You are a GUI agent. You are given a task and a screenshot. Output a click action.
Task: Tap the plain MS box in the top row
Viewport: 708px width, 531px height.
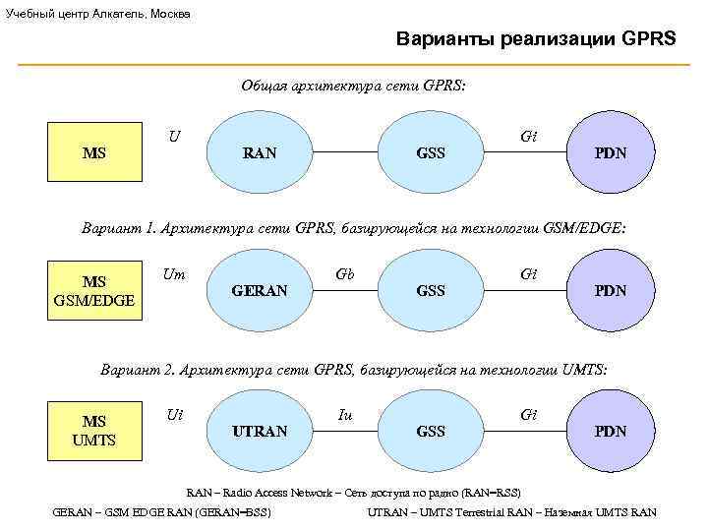[95, 153]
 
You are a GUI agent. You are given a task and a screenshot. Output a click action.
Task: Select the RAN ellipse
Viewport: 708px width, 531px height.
[260, 153]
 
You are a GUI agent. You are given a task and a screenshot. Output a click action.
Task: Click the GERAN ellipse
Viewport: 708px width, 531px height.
[260, 291]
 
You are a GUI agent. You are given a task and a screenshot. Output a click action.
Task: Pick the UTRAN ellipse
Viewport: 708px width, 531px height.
[260, 432]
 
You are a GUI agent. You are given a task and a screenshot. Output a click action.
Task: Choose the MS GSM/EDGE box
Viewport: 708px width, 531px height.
[95, 291]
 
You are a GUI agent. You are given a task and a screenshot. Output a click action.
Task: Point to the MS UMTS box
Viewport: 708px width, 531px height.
[95, 432]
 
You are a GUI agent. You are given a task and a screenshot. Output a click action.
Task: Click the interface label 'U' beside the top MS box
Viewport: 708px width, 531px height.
[173, 134]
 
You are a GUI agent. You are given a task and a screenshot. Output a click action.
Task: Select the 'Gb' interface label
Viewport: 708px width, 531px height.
[345, 274]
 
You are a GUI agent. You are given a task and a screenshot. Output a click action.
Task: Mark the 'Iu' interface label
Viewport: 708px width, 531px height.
[345, 415]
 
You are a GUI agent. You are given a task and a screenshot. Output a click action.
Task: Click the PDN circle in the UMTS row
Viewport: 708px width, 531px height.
[610, 432]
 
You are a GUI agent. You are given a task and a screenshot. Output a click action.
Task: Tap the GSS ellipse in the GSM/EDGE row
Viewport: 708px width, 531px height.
[431, 291]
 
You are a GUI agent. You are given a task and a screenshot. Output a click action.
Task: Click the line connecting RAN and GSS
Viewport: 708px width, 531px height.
[345, 153]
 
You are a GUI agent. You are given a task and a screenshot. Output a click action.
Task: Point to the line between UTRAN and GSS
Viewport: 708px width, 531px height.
[345, 432]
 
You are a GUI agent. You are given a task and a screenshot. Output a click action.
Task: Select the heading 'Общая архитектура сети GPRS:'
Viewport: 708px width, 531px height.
[354, 86]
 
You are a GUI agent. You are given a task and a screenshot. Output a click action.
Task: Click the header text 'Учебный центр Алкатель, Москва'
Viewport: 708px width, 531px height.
[98, 14]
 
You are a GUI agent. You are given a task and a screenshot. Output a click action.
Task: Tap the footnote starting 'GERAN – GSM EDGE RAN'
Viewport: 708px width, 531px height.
[161, 512]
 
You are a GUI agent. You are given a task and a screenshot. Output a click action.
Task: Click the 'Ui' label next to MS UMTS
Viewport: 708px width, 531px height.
[175, 415]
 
